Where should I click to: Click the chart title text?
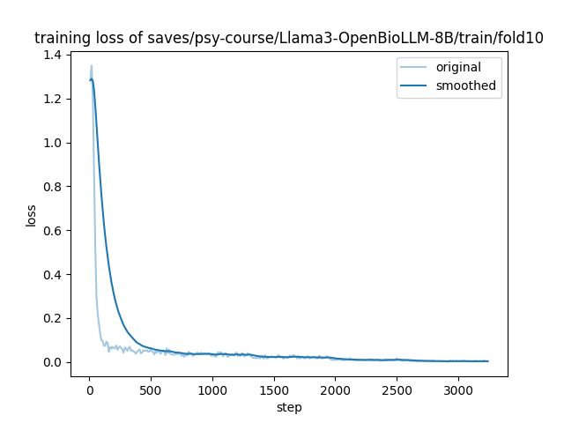point(289,38)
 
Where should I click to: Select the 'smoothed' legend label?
point(465,86)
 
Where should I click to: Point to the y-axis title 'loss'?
point(31,215)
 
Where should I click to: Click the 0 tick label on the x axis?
point(89,391)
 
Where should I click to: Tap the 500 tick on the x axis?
point(151,391)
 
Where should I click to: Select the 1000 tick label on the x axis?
point(212,391)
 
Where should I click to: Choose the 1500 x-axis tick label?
point(274,391)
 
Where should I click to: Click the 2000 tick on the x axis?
point(335,391)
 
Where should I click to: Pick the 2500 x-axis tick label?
point(397,391)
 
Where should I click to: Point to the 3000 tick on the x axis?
point(458,391)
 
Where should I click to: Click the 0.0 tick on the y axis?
point(54,362)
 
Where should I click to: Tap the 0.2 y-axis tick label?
point(54,318)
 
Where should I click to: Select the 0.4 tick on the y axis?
point(54,274)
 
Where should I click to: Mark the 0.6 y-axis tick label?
point(54,231)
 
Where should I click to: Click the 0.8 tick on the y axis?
point(54,187)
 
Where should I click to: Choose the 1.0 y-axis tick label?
point(54,143)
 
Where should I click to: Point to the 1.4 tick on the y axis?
point(54,55)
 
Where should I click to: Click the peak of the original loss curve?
point(91,65)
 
